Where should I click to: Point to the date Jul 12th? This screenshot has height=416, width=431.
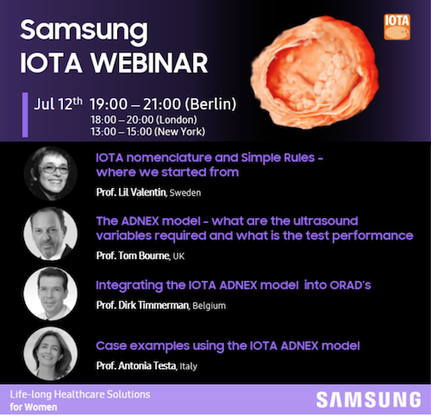click(x=59, y=104)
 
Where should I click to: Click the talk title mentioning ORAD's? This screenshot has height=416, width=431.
click(x=233, y=283)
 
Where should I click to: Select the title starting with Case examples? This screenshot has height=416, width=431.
click(x=228, y=345)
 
